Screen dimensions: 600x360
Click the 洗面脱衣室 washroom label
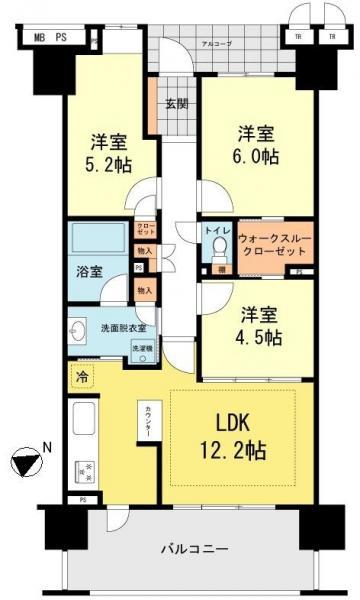coord(124,327)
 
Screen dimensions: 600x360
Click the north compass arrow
coord(29,463)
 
